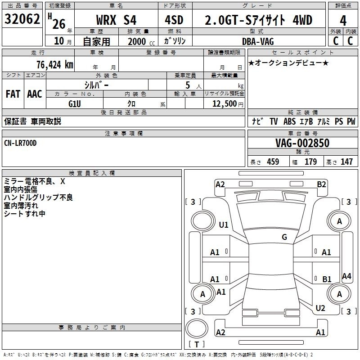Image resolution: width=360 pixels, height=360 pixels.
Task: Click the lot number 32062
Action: tap(22, 19)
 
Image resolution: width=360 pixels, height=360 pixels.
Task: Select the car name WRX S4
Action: tap(116, 20)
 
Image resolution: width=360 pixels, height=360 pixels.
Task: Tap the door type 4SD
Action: tap(174, 20)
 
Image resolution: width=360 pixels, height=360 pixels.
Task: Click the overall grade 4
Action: tap(343, 21)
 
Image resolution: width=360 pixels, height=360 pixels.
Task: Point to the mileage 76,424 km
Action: tap(55, 64)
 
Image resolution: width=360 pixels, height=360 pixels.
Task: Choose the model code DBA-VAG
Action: tap(258, 41)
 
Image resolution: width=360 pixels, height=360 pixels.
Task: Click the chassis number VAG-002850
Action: tap(302, 143)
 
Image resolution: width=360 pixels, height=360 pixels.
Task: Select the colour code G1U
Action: tap(75, 104)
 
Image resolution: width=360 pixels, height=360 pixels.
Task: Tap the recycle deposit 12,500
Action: tap(224, 104)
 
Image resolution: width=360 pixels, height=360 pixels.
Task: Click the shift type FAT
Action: tap(13, 94)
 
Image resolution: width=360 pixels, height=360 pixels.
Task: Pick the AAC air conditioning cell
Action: tap(35, 94)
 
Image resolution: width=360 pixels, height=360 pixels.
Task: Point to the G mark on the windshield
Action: tap(284, 237)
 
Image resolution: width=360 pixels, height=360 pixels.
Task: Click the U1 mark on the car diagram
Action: tap(224, 225)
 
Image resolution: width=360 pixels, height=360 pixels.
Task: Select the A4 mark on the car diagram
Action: tap(346, 276)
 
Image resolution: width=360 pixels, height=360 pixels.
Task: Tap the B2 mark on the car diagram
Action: tap(321, 184)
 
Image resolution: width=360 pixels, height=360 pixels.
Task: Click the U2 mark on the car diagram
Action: tap(320, 308)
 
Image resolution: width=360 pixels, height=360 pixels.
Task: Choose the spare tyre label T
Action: tap(197, 344)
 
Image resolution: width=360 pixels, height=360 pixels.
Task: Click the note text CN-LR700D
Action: tap(20, 143)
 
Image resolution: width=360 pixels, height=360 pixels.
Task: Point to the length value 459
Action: tap(273, 162)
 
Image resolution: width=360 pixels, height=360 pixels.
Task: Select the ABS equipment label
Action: tap(289, 121)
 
